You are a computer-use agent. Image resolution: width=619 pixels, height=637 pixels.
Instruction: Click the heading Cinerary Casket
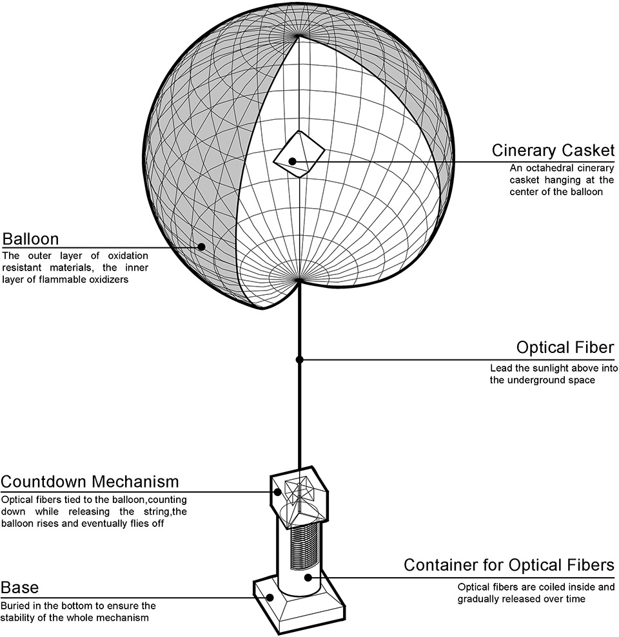click(x=553, y=150)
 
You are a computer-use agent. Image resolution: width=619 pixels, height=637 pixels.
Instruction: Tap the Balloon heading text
click(x=30, y=239)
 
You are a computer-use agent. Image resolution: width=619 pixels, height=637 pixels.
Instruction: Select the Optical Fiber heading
click(x=565, y=348)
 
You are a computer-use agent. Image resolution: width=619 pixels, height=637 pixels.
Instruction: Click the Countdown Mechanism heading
click(x=90, y=481)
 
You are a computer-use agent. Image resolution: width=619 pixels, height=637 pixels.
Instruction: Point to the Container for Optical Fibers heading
click(x=509, y=565)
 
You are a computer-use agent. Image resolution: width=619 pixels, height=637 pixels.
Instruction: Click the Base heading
click(x=20, y=587)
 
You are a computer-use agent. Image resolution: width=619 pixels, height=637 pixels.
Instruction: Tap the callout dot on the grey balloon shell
click(x=201, y=247)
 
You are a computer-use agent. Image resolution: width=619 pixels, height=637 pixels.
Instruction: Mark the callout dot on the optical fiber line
click(x=299, y=359)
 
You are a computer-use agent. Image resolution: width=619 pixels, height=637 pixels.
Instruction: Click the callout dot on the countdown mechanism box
click(x=278, y=492)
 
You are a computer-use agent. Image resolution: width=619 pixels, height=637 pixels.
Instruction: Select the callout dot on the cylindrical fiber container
click(x=308, y=577)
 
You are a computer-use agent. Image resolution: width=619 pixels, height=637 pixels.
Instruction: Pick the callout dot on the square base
click(x=270, y=597)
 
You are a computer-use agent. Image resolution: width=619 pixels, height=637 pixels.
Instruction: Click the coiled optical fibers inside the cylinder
click(x=304, y=547)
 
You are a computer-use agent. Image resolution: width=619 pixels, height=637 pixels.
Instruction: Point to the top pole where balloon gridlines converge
click(x=299, y=36)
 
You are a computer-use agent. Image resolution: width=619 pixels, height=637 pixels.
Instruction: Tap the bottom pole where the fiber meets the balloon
click(x=299, y=280)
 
